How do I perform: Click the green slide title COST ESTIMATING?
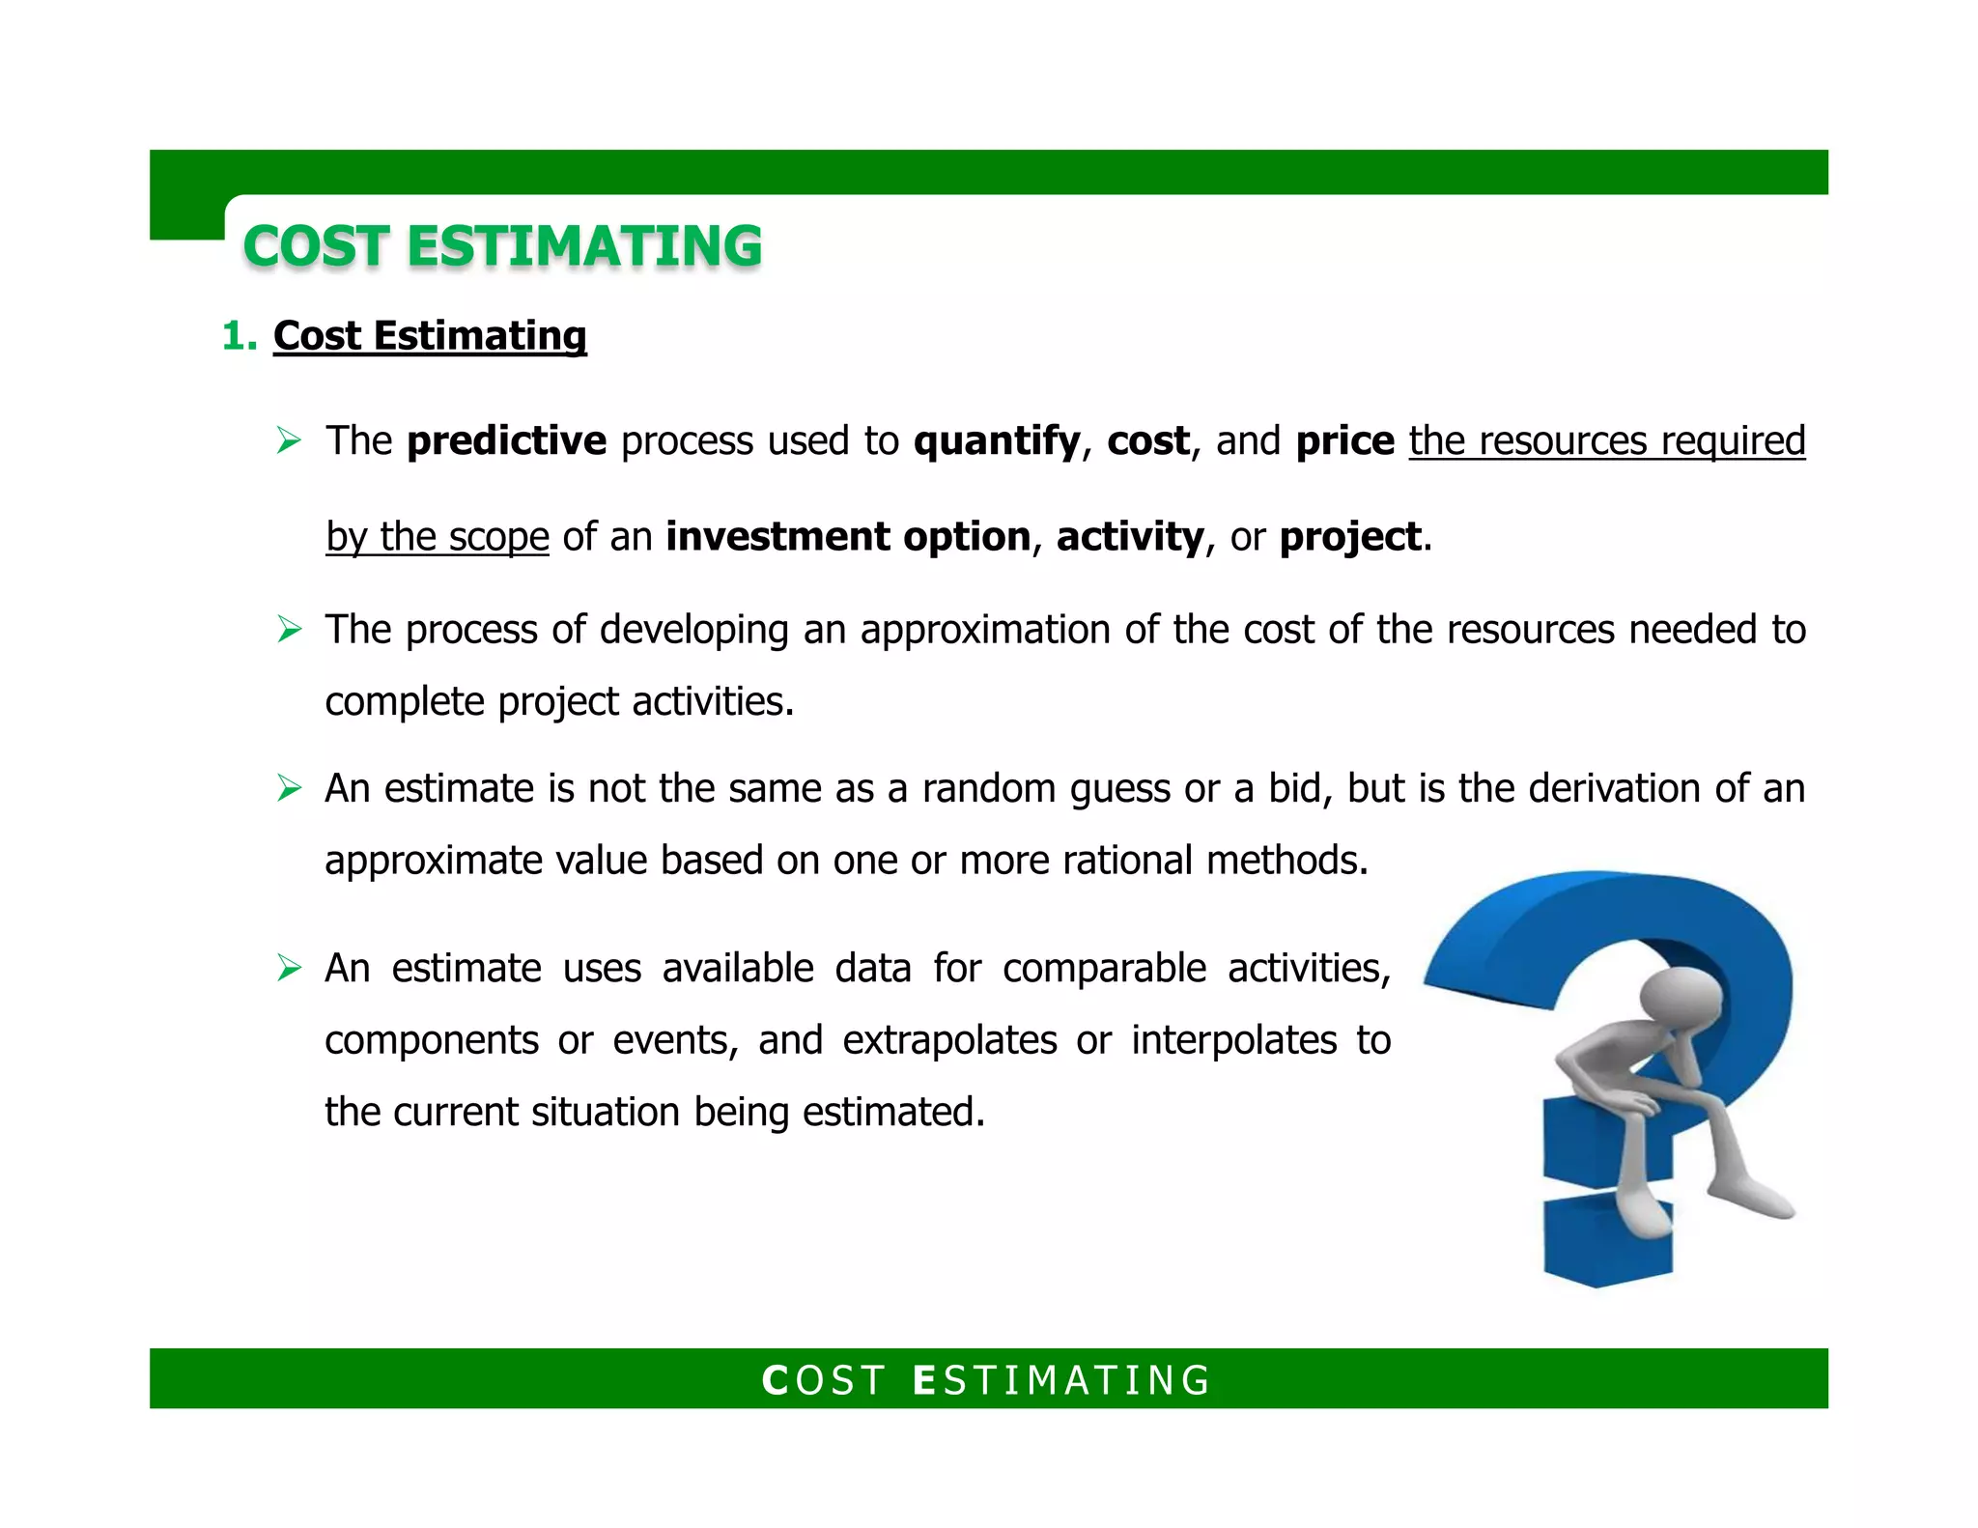click(x=502, y=245)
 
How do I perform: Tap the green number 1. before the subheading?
click(x=239, y=336)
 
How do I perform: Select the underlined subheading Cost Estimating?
click(x=430, y=336)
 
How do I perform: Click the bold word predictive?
click(x=506, y=440)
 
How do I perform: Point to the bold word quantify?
click(x=997, y=440)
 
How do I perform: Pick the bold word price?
click(x=1344, y=440)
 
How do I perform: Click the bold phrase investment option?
click(x=848, y=536)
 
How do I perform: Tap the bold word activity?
click(x=1130, y=536)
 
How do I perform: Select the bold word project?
click(x=1350, y=536)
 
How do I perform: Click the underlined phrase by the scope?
click(x=437, y=536)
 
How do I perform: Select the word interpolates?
click(x=1233, y=1040)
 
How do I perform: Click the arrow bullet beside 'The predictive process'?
click(x=289, y=440)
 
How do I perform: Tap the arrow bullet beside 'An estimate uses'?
click(x=289, y=967)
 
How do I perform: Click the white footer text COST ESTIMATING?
click(x=987, y=1379)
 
